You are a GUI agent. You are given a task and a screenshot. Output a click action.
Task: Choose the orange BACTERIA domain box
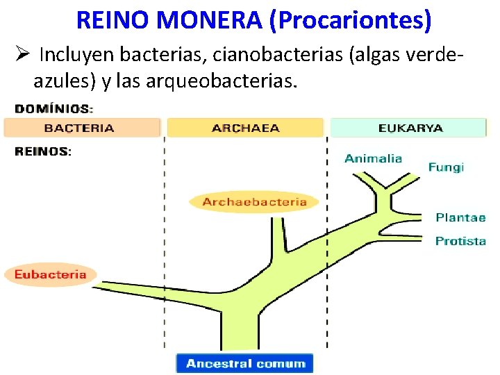point(82,128)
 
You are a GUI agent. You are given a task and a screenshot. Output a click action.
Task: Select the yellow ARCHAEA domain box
point(245,128)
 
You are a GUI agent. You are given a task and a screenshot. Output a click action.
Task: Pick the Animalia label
point(373,158)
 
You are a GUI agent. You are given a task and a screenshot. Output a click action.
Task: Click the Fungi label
point(446,167)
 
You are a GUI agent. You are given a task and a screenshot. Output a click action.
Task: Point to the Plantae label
point(460,217)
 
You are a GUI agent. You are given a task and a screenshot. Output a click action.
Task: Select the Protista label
point(460,241)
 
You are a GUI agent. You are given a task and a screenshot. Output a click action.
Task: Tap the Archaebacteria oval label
point(254,202)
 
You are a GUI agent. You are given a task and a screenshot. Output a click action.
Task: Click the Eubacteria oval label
point(51,274)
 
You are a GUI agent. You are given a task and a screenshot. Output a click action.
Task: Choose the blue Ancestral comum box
point(245,363)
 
